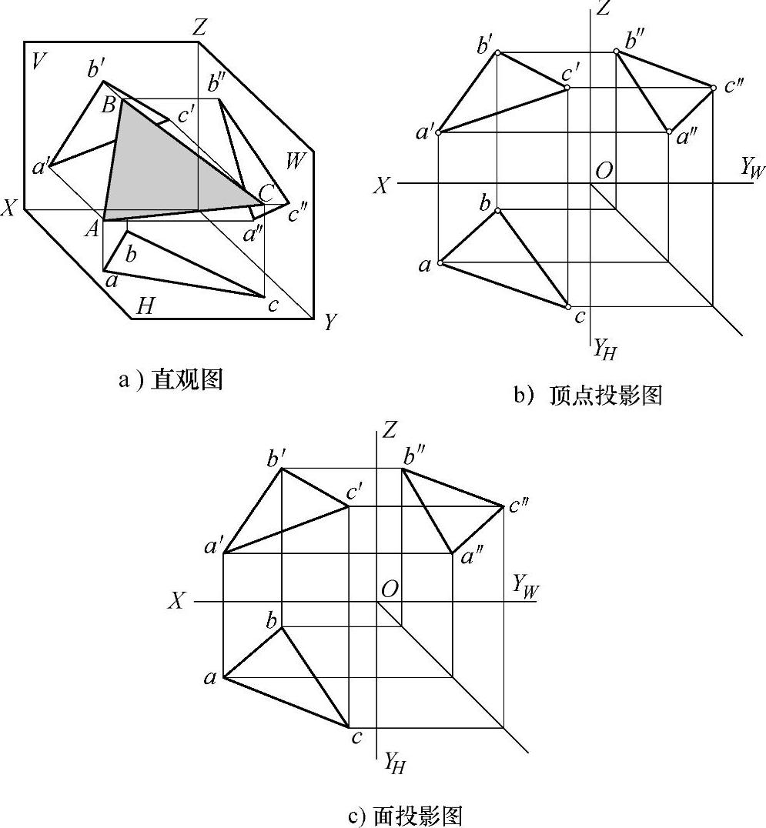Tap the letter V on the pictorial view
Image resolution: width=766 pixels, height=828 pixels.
36,62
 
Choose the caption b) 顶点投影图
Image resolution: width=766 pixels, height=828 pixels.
588,395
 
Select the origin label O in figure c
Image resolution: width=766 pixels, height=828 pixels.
390,589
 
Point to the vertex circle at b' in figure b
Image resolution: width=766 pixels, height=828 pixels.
498,52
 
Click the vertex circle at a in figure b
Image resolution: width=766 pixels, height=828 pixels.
439,263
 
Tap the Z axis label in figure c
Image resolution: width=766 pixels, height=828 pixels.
390,429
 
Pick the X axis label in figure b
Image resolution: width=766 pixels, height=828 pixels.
382,185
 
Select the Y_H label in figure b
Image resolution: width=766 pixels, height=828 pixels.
604,350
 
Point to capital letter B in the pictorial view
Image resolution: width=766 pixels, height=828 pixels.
109,104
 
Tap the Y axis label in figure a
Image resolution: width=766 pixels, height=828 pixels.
330,322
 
